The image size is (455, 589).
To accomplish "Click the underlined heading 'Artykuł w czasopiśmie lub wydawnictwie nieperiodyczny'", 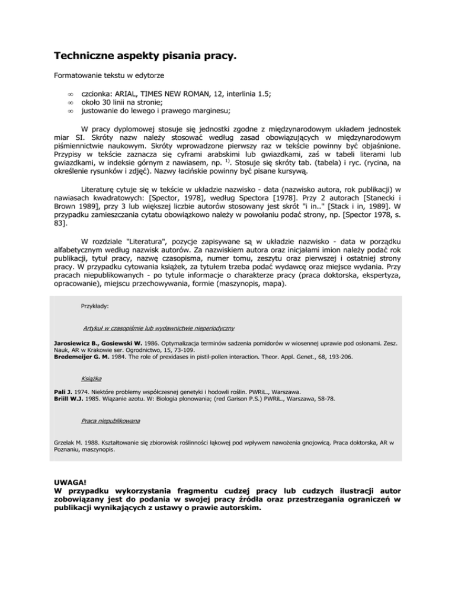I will (x=160, y=328).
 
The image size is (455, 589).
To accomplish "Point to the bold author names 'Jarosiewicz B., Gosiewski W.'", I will (x=99, y=344).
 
